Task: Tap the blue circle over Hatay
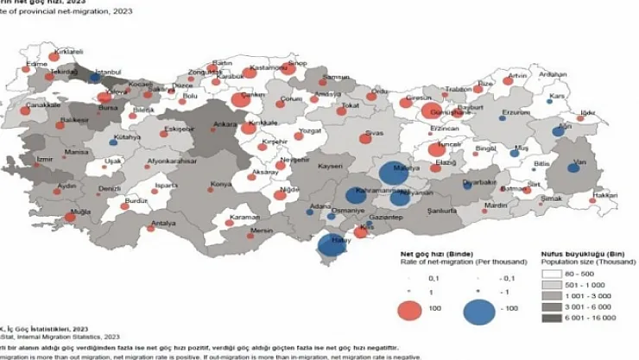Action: point(329,245)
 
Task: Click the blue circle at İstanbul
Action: point(93,78)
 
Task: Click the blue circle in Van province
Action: point(573,167)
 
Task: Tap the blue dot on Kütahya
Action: point(112,142)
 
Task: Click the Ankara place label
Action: point(199,123)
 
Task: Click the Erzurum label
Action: point(516,112)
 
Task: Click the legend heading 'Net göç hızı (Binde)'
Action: point(430,256)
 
